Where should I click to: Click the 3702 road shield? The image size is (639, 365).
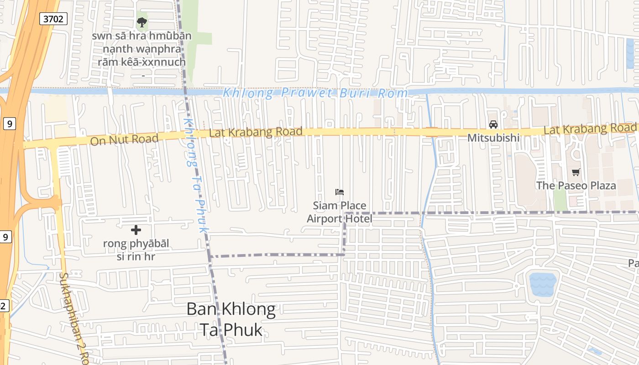pyautogui.click(x=53, y=19)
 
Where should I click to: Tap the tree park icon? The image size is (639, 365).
pyautogui.click(x=142, y=22)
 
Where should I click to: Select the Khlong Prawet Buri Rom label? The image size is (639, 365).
pyautogui.click(x=315, y=93)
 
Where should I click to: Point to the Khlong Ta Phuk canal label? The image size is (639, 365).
pyautogui.click(x=195, y=176)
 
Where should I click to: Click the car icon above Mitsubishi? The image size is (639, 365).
pyautogui.click(x=493, y=124)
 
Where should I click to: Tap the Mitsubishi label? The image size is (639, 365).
pyautogui.click(x=493, y=137)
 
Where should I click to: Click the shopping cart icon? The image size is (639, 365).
pyautogui.click(x=576, y=172)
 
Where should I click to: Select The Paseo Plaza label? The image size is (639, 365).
pyautogui.click(x=576, y=185)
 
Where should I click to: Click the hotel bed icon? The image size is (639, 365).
pyautogui.click(x=340, y=192)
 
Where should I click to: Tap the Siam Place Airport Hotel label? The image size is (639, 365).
pyautogui.click(x=340, y=212)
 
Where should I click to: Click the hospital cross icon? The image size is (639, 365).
pyautogui.click(x=136, y=230)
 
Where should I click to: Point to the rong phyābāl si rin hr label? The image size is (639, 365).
pyautogui.click(x=136, y=250)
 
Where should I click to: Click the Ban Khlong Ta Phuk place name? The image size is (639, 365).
pyautogui.click(x=231, y=319)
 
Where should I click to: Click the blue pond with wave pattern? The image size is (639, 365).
pyautogui.click(x=543, y=285)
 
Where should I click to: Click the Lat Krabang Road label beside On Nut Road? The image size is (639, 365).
pyautogui.click(x=256, y=132)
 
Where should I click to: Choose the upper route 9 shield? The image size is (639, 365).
pyautogui.click(x=9, y=123)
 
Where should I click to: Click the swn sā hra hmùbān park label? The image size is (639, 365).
pyautogui.click(x=141, y=49)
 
